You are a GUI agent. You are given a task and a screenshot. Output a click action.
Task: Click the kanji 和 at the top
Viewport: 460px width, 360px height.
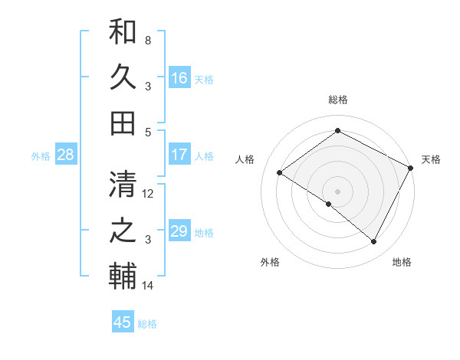[123, 31]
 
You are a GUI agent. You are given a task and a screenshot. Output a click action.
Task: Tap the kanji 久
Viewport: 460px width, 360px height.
[123, 77]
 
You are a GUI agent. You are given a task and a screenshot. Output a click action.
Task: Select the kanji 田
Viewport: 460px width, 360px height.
[123, 122]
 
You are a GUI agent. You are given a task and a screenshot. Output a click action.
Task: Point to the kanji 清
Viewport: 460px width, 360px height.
[123, 184]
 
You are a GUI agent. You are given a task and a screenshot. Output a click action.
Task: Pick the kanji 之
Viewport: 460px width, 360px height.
[123, 229]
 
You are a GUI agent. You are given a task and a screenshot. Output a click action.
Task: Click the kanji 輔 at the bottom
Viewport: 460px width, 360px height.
[123, 276]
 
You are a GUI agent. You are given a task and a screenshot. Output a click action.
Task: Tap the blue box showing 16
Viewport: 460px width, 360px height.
[179, 77]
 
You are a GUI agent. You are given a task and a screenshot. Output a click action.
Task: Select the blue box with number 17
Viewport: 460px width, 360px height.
[179, 155]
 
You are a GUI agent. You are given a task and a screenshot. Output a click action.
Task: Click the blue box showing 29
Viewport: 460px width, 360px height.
[179, 231]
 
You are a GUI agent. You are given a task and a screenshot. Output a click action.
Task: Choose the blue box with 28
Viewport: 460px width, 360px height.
[66, 155]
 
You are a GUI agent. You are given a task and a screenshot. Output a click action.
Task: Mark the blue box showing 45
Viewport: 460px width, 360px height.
[123, 322]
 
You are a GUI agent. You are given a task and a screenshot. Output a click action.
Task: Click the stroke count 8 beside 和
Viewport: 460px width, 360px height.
[147, 39]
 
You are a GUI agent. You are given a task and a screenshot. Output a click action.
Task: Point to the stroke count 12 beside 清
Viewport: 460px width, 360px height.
[148, 193]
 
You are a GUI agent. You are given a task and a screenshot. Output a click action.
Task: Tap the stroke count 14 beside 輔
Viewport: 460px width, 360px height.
[148, 286]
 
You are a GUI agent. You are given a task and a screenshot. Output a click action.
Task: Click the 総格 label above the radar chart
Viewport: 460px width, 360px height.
[337, 100]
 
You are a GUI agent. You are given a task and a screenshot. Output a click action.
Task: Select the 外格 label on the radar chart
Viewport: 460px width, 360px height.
[270, 262]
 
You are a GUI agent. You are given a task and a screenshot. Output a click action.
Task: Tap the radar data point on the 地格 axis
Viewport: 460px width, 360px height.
[374, 242]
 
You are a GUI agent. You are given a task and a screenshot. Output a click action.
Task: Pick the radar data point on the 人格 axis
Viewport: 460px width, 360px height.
[280, 172]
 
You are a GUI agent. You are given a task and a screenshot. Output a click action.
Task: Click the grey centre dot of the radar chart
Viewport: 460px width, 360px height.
[337, 191]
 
